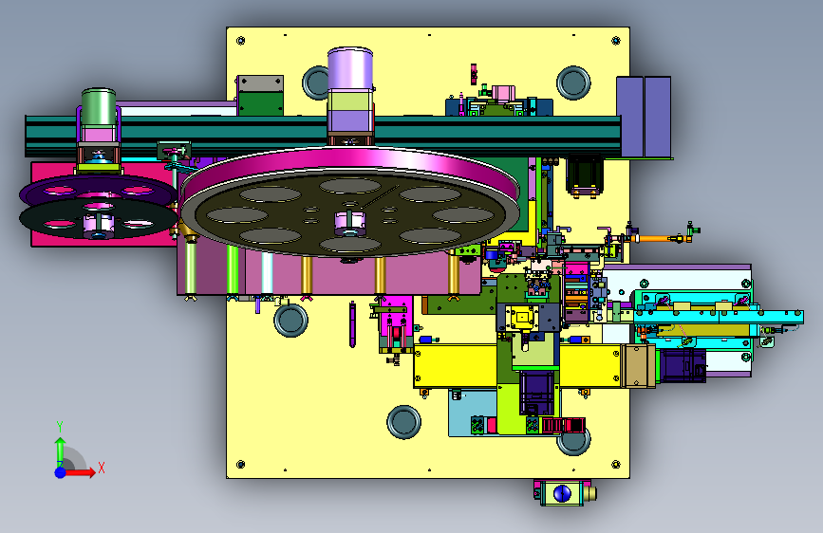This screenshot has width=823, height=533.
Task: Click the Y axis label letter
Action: pos(60,427)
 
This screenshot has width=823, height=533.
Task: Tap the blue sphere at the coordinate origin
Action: pos(61,472)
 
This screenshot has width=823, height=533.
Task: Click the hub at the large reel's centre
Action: pos(350,223)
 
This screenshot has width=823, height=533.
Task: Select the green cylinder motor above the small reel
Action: pos(99,107)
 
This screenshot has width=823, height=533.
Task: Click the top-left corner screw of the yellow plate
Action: pos(241,41)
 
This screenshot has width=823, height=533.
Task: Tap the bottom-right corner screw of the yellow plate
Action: pos(616,465)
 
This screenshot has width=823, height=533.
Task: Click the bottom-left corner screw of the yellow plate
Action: pos(241,465)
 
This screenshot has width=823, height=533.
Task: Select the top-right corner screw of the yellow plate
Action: pos(616,41)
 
